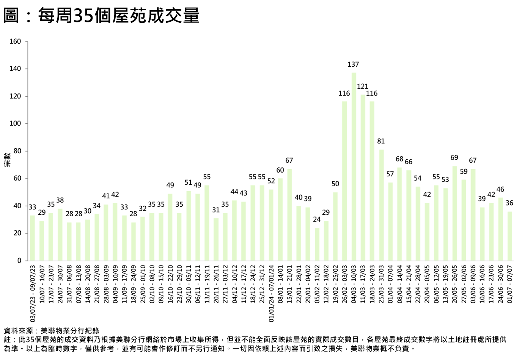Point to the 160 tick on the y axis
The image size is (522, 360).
(15, 41)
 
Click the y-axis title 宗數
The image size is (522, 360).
(7, 160)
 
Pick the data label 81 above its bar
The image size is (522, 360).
(381, 141)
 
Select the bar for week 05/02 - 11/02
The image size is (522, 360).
(317, 244)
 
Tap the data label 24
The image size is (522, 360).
(317, 219)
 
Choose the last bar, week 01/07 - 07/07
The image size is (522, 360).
(509, 236)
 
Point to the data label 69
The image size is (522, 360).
(454, 157)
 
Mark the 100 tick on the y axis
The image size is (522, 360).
(15, 124)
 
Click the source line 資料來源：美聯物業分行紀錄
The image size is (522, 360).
(51, 331)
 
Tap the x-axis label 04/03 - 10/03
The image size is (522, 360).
(354, 284)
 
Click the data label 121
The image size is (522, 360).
(363, 86)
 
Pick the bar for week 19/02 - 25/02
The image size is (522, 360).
(335, 226)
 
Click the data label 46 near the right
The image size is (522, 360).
(500, 189)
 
